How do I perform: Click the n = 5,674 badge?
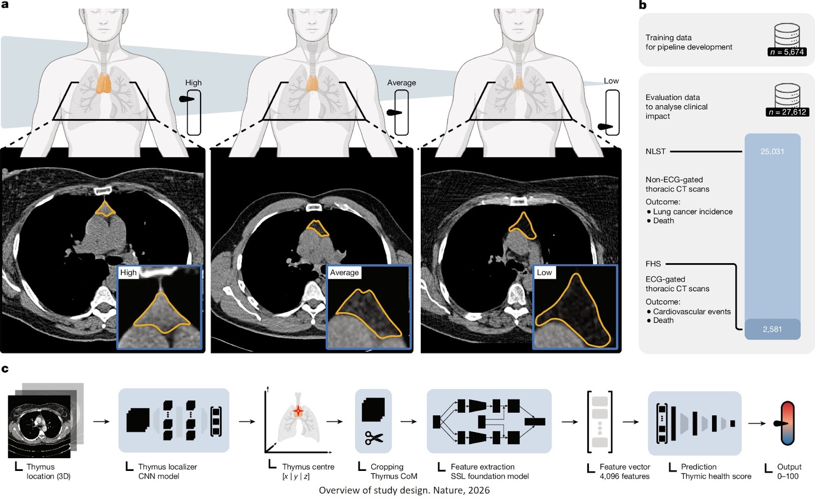(x=787, y=52)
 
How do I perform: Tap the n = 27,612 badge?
(x=787, y=112)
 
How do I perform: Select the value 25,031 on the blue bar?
(x=772, y=152)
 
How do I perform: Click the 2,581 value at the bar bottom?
(x=772, y=329)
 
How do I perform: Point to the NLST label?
(x=656, y=152)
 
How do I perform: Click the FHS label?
(x=653, y=264)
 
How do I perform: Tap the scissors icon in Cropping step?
(x=374, y=438)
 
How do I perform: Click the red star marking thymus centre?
(x=298, y=411)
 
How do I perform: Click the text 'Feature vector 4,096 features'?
(x=624, y=471)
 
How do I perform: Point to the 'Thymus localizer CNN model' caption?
(x=167, y=471)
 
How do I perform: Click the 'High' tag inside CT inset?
(x=128, y=273)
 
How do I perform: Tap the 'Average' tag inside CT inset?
(x=344, y=273)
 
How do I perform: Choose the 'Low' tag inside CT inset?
(x=544, y=273)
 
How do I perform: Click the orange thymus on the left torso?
(x=103, y=83)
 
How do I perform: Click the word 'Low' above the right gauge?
(x=611, y=81)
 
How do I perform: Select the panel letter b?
(x=643, y=5)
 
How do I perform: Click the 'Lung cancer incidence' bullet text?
(x=693, y=212)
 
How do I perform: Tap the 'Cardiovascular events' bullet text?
(x=692, y=312)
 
